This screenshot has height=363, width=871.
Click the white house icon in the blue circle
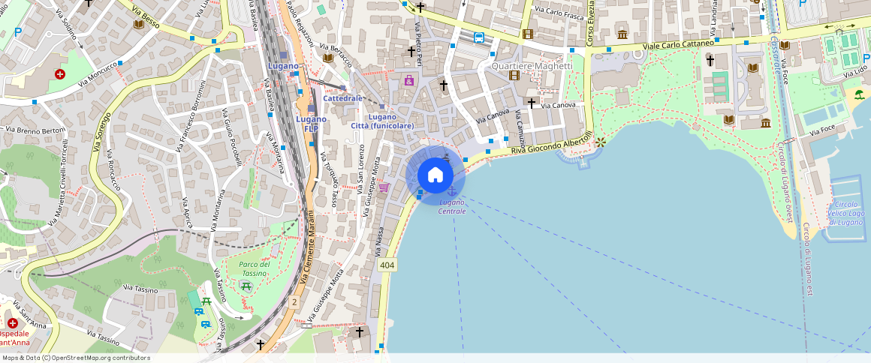tap(435, 175)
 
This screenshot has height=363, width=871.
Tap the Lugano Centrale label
tap(452, 207)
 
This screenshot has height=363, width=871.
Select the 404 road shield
tap(387, 265)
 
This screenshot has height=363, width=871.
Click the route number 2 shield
tap(294, 301)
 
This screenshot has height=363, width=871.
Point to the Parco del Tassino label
tap(255, 268)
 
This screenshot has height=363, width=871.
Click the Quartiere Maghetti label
tap(532, 66)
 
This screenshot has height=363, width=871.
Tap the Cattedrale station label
tap(343, 98)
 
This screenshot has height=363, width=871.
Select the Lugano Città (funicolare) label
tap(382, 121)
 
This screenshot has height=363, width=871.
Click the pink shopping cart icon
tap(384, 187)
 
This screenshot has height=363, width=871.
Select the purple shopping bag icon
tap(409, 80)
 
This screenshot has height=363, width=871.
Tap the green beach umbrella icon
tap(858, 94)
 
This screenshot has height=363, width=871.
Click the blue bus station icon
tap(479, 37)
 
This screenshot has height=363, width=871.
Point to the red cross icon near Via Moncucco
tap(60, 74)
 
